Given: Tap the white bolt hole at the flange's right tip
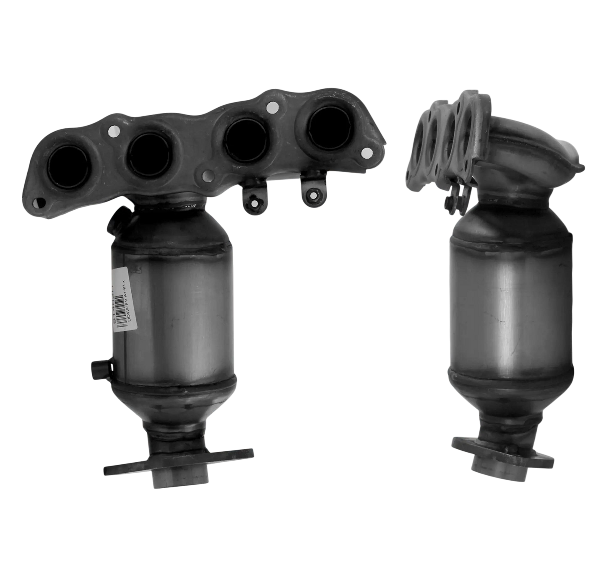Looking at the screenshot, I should coord(367,152).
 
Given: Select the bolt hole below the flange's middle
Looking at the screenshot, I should coord(207,174).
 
